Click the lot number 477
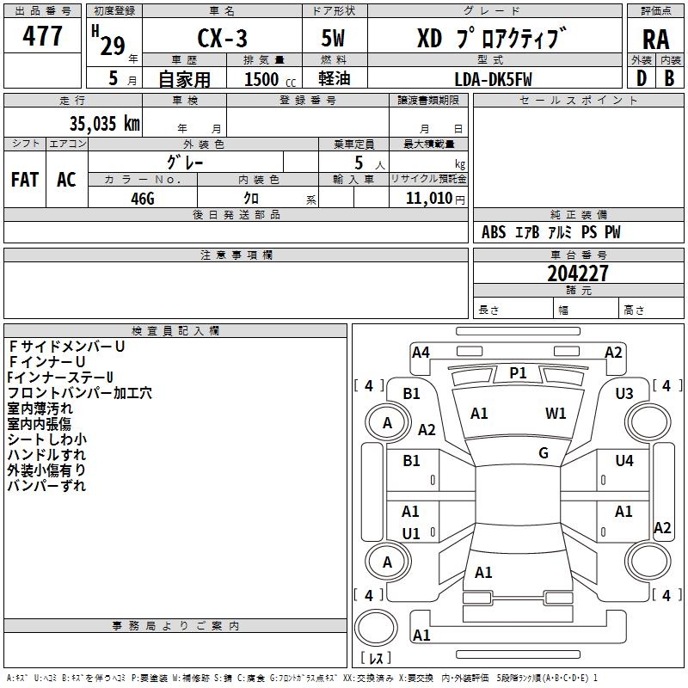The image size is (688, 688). tap(43, 36)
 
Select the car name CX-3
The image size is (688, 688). tap(222, 39)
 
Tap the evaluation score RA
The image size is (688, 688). tap(655, 39)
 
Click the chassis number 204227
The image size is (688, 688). tap(578, 273)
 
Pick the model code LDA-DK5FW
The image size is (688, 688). tap(494, 79)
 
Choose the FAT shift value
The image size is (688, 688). tap(25, 180)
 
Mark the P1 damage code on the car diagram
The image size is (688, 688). tap(518, 372)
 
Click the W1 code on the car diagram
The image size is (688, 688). tap(556, 414)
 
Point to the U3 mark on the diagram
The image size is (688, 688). tap(624, 394)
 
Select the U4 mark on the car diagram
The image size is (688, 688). tap(624, 461)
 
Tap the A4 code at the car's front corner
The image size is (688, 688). tap(421, 352)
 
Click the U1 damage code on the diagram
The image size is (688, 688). tap(411, 534)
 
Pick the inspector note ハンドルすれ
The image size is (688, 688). tap(46, 454)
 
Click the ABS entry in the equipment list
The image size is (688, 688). tap(494, 232)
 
